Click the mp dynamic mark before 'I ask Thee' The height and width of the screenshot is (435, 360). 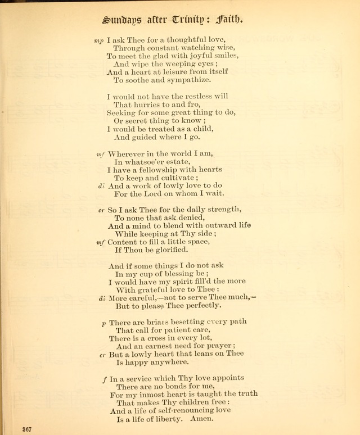click(x=100, y=40)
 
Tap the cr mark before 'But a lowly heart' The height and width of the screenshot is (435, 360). click(x=102, y=355)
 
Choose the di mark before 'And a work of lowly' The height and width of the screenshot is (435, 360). click(x=101, y=185)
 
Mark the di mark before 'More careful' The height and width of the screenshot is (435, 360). click(x=102, y=298)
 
